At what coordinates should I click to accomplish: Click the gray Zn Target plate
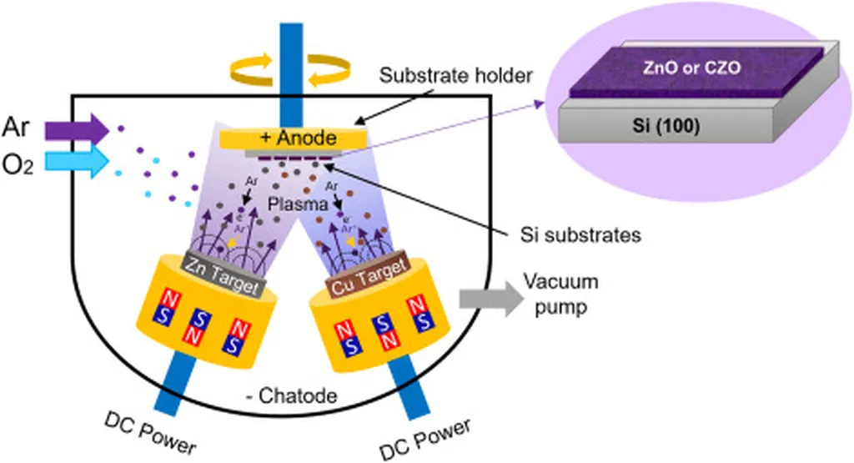click(x=222, y=269)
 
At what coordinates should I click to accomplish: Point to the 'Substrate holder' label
click(x=455, y=76)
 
